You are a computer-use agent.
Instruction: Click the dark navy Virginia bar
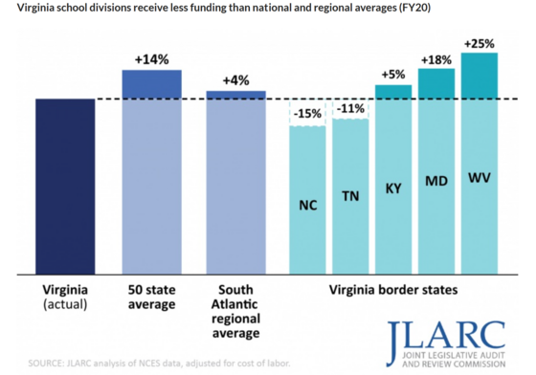pos(65,182)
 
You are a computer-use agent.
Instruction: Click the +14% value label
pos(152,59)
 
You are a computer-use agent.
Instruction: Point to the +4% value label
pos(235,80)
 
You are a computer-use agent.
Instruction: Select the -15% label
pos(308,115)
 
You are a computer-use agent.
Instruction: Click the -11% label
pos(351,109)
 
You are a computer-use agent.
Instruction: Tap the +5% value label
pos(393,75)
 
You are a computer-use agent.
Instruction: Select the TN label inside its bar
pos(351,196)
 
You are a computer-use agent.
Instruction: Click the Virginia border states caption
pos(393,286)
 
